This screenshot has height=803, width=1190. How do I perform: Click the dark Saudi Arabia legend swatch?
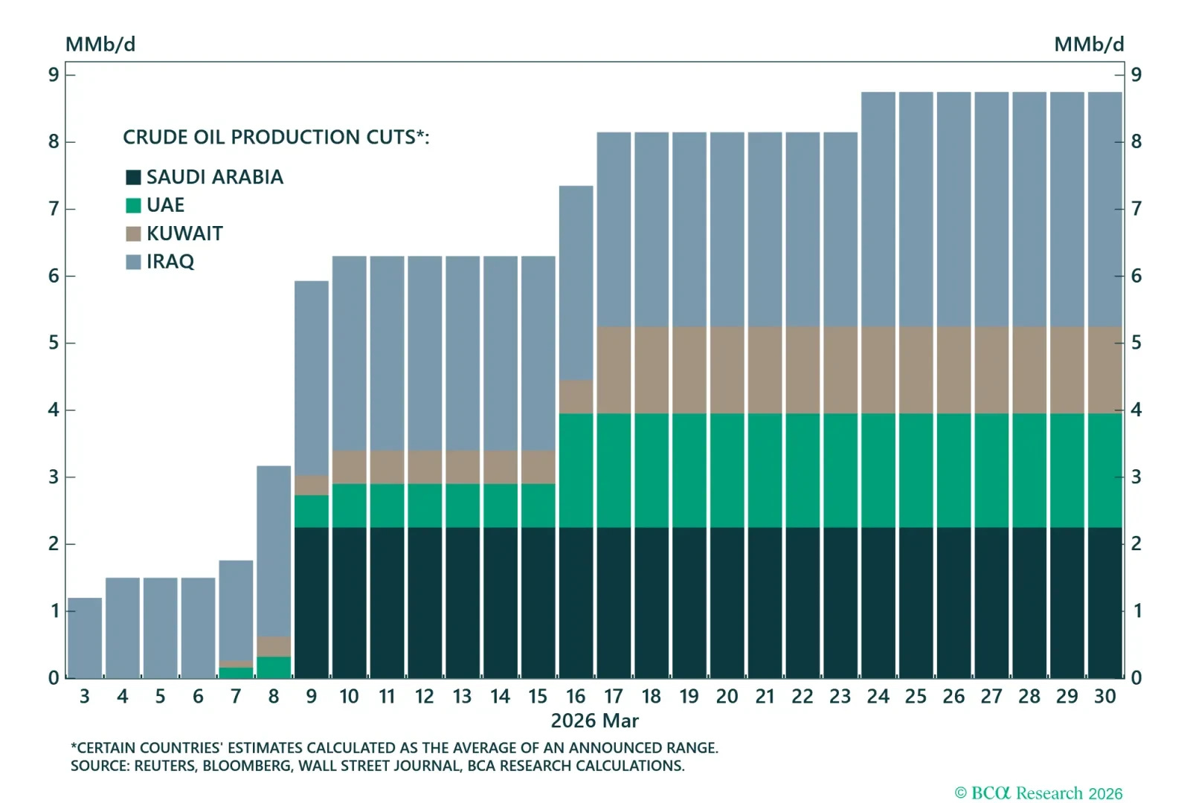(x=133, y=177)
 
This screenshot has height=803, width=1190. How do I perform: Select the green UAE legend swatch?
(x=133, y=205)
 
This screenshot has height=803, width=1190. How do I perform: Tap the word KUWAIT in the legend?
(x=184, y=233)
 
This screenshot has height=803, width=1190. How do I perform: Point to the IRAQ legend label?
(x=170, y=262)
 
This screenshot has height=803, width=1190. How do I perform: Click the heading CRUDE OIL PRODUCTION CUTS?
(x=275, y=138)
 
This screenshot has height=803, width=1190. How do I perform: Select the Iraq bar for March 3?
(x=85, y=638)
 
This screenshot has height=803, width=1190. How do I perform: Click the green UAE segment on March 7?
(x=236, y=673)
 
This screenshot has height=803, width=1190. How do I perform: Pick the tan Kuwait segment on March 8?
(x=274, y=646)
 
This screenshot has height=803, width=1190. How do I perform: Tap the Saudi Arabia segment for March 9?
(x=312, y=602)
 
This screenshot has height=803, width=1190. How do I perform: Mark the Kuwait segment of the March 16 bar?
(x=576, y=397)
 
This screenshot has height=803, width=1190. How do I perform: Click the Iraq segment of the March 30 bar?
(x=1104, y=208)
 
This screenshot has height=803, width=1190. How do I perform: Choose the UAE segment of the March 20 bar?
(x=727, y=470)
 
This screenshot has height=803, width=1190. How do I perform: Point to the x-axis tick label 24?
(x=878, y=697)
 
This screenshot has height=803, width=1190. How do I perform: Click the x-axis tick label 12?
(x=424, y=697)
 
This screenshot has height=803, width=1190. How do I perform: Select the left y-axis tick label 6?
(x=54, y=276)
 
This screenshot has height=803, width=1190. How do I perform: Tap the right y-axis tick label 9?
(x=1136, y=74)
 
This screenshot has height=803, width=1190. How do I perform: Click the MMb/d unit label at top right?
(x=1088, y=45)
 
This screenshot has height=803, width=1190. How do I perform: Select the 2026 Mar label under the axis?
(x=594, y=720)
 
